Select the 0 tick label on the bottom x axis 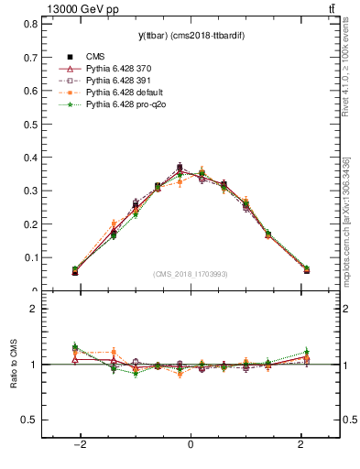click(x=190, y=444)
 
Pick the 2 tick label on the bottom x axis click(x=300, y=444)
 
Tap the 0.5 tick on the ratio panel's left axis click(x=32, y=420)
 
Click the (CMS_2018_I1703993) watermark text click(x=190, y=274)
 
